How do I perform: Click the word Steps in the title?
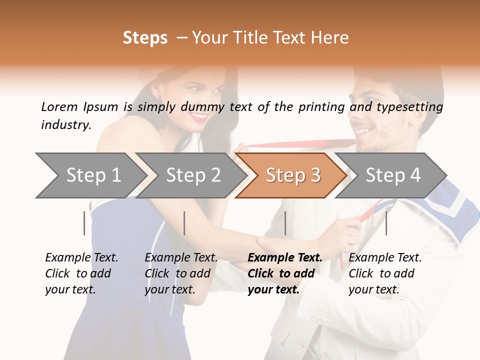(x=145, y=38)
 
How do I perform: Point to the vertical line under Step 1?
(x=84, y=223)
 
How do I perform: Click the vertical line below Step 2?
(x=184, y=223)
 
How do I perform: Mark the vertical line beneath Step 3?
(x=285, y=223)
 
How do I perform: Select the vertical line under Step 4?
(x=386, y=223)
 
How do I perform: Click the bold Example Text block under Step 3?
(x=284, y=273)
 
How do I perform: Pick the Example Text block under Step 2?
(x=181, y=273)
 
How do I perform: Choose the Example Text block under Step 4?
(x=385, y=273)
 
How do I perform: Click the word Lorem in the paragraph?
(x=59, y=106)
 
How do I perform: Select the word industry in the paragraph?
(x=65, y=125)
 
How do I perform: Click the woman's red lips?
(x=199, y=116)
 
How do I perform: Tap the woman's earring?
(x=159, y=96)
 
